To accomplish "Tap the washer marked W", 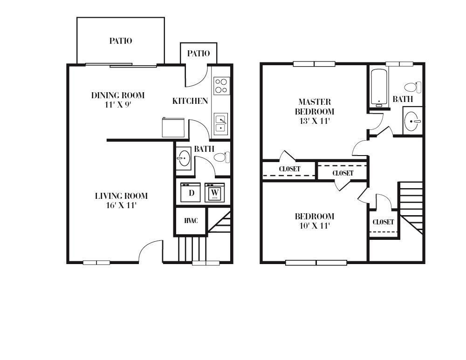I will [215, 192].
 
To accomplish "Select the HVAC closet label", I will [191, 221].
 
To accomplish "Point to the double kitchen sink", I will [220, 123].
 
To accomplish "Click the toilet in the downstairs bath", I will [222, 157].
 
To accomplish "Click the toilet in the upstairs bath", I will [413, 87].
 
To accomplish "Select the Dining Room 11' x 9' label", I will [118, 100].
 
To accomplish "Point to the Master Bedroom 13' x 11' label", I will [315, 111].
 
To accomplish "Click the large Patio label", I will [121, 41].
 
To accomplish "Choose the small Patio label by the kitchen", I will [199, 54].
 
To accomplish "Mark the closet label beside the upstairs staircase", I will [384, 222].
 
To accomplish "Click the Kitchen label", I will [190, 101].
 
